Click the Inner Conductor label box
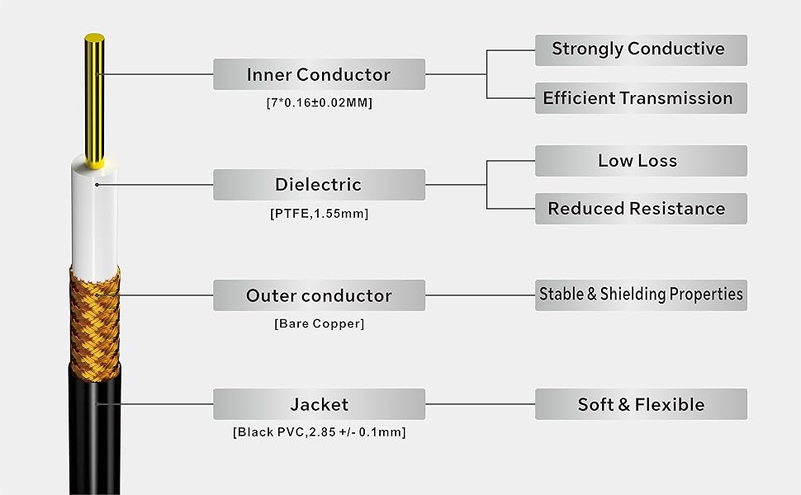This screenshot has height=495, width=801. click(319, 74)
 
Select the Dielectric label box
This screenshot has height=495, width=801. click(319, 185)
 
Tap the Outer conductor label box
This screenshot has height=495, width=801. click(319, 295)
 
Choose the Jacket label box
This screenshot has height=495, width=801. click(319, 404)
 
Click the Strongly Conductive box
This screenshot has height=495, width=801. click(641, 49)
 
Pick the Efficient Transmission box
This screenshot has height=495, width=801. click(641, 98)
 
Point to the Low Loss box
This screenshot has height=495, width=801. click(641, 161)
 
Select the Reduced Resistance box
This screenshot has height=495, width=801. click(641, 209)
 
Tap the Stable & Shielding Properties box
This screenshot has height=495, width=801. click(641, 295)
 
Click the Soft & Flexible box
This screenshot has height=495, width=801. click(641, 404)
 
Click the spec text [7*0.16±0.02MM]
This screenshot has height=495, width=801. click(319, 104)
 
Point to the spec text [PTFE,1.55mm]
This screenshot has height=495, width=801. click(319, 214)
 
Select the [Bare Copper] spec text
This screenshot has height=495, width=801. click(319, 323)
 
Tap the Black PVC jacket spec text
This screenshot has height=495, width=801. click(319, 432)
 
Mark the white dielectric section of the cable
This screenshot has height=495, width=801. click(94, 214)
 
